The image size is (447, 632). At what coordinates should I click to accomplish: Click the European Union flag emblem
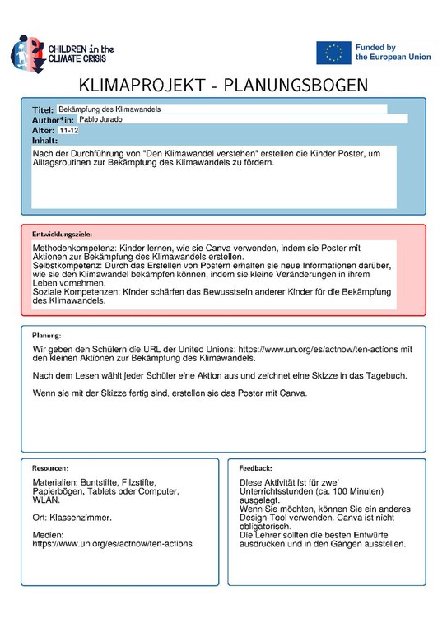333,53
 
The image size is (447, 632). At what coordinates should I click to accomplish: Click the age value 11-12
69,130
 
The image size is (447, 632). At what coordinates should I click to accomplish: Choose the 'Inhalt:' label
44,140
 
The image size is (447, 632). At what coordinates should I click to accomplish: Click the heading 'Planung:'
46,336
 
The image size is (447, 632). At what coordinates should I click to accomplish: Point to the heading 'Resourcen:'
50,467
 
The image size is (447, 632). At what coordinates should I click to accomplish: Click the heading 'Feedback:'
254,467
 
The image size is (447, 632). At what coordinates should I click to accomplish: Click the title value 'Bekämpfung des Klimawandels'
109,109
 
